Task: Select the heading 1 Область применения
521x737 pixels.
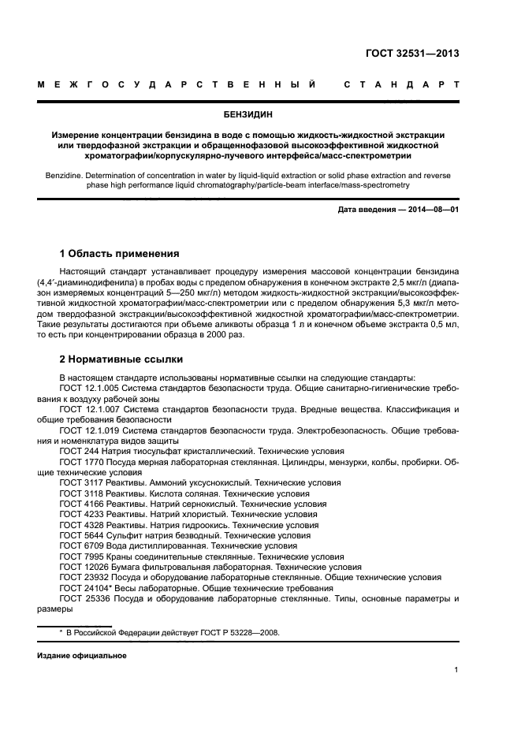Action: coord(120,254)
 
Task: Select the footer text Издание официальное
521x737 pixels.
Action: coord(82,655)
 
